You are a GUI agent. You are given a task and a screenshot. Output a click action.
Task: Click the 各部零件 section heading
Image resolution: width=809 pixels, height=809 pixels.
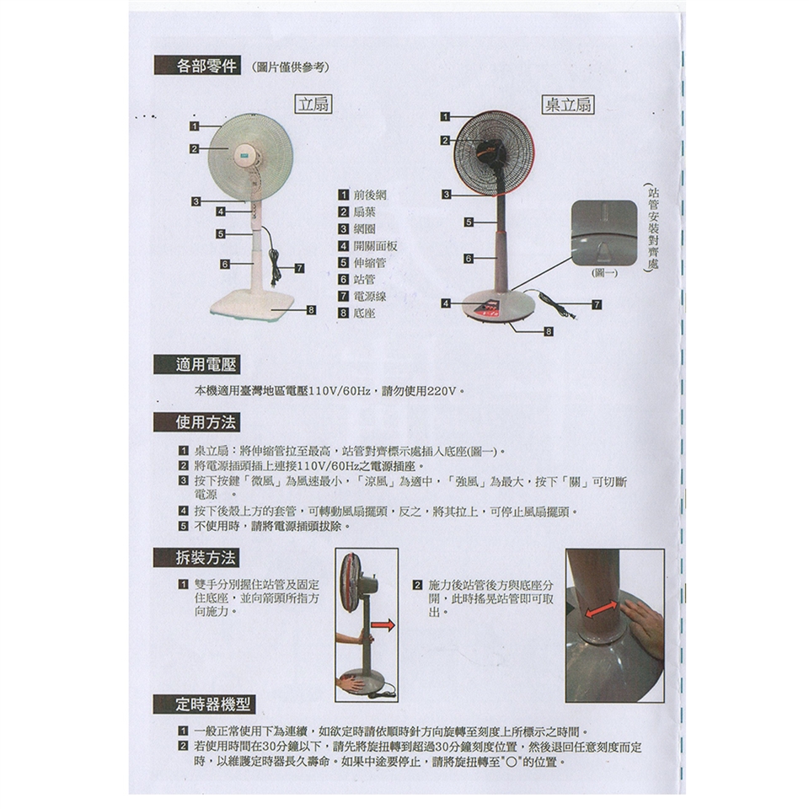pyautogui.click(x=197, y=66)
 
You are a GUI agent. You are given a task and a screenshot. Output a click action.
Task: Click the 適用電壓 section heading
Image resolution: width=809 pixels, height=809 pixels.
pyautogui.click(x=197, y=365)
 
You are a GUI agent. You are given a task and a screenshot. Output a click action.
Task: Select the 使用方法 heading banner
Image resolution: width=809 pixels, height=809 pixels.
pyautogui.click(x=197, y=422)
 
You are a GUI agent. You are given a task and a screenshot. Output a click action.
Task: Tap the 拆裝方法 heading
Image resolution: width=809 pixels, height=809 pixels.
pyautogui.click(x=196, y=558)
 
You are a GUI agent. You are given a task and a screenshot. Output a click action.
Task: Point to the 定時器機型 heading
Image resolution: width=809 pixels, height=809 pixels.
pyautogui.click(x=204, y=704)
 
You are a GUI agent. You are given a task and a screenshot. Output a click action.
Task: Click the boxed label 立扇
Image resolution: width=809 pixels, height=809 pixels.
pyautogui.click(x=313, y=104)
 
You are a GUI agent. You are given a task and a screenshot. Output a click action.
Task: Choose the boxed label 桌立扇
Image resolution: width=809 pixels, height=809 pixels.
pyautogui.click(x=569, y=104)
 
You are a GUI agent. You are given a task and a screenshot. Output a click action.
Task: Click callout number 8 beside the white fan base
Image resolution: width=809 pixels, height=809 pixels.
pyautogui.click(x=311, y=310)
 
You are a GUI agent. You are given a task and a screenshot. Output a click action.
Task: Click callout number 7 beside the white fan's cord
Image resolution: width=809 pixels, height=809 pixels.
pyautogui.click(x=299, y=268)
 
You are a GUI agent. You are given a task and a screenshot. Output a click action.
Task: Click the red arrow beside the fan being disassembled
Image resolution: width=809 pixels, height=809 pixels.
pyautogui.click(x=383, y=625)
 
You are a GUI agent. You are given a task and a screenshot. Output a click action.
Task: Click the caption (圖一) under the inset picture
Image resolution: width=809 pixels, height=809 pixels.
pyautogui.click(x=604, y=273)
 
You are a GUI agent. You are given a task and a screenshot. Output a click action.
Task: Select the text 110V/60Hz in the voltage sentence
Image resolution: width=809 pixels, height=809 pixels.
pyautogui.click(x=340, y=391)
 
